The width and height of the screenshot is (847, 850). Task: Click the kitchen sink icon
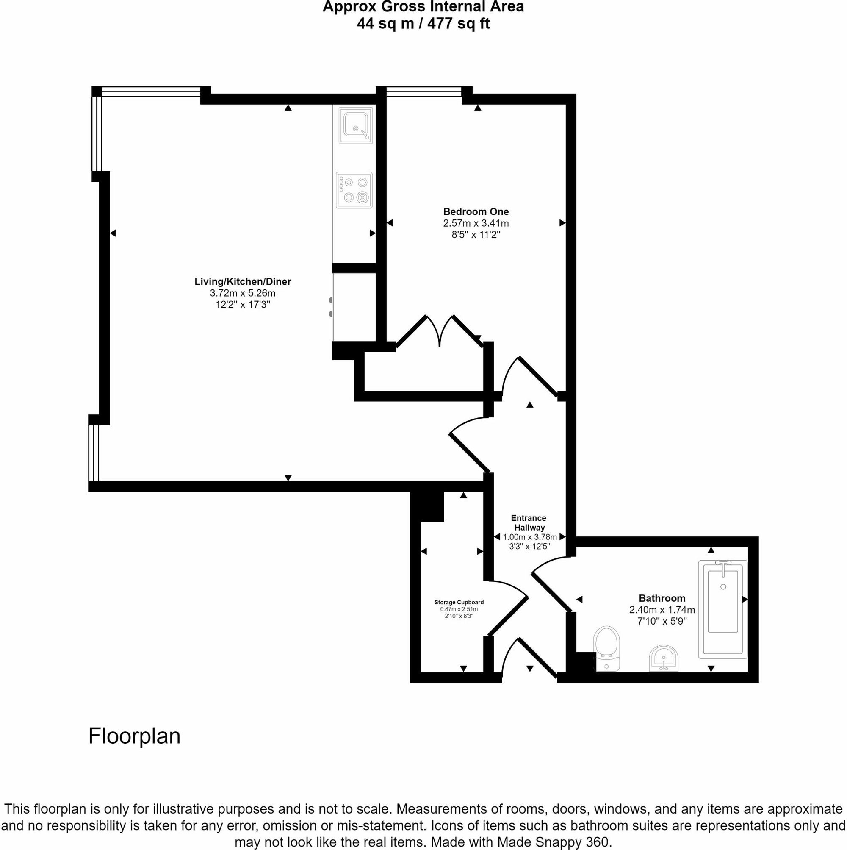(355, 125)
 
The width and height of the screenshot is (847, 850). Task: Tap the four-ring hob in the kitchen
(354, 190)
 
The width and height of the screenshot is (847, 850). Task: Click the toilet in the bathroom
(606, 649)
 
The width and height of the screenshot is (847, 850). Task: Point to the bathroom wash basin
(664, 658)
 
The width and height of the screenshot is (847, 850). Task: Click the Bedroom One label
(476, 211)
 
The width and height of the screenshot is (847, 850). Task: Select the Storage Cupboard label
(459, 602)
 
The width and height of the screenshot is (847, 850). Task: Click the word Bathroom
(662, 598)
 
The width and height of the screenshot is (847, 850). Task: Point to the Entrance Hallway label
(529, 523)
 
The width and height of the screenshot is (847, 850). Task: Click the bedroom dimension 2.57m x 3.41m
(476, 223)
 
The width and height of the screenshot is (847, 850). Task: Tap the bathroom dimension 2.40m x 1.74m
(662, 610)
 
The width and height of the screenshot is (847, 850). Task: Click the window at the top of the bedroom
(424, 92)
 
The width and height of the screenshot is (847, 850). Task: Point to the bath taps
(722, 564)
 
